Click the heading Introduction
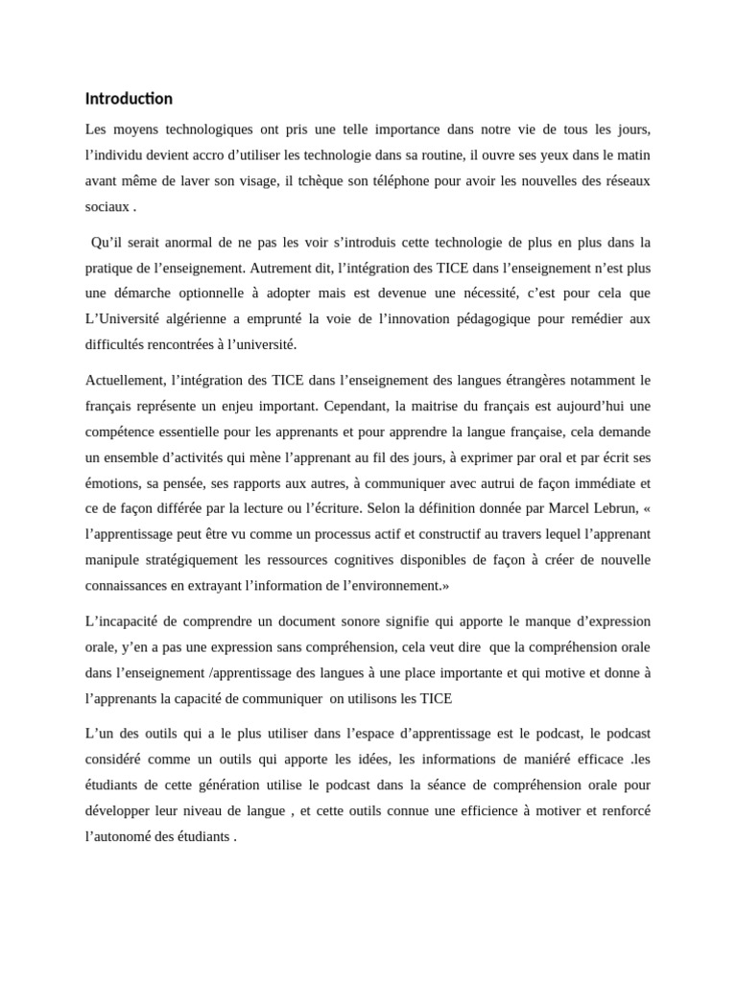pyautogui.click(x=129, y=99)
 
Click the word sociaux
pyautogui.click(x=107, y=206)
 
